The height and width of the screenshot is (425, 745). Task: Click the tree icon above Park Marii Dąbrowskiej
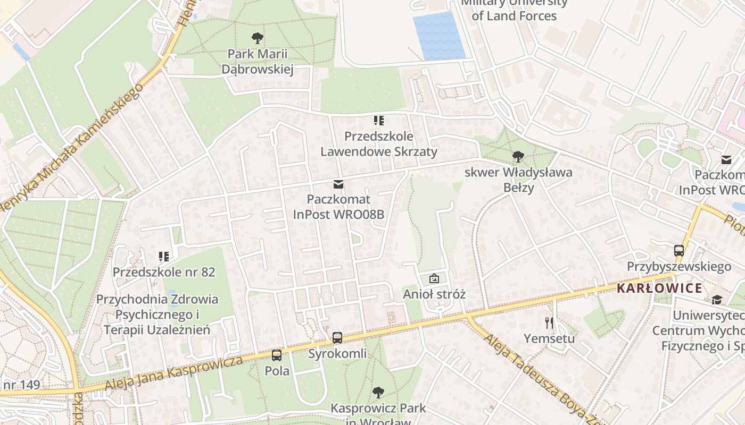(258, 38)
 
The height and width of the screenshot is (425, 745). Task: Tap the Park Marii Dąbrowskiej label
(258, 62)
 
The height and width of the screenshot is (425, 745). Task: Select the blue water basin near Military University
(439, 35)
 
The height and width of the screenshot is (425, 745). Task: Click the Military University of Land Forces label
(514, 10)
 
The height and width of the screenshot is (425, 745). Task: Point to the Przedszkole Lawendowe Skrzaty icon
(378, 121)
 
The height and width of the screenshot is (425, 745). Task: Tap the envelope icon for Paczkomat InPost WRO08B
(338, 184)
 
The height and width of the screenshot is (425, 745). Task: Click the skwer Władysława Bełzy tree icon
(518, 156)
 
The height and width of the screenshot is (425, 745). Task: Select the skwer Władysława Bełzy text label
(518, 180)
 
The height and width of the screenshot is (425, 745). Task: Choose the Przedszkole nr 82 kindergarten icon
(164, 257)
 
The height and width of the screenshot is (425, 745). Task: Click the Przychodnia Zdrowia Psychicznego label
(157, 314)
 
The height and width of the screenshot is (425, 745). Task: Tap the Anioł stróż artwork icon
(434, 278)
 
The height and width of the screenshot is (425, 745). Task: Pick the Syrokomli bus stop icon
(337, 337)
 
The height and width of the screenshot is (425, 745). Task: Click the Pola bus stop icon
(277, 355)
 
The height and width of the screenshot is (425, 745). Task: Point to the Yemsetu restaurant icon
(549, 322)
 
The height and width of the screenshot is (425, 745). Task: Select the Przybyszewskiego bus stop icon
(679, 250)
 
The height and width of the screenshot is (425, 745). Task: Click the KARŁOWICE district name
(659, 288)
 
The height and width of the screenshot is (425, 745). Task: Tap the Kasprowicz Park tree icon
(378, 393)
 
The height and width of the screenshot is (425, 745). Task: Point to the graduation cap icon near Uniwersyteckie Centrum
(717, 300)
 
